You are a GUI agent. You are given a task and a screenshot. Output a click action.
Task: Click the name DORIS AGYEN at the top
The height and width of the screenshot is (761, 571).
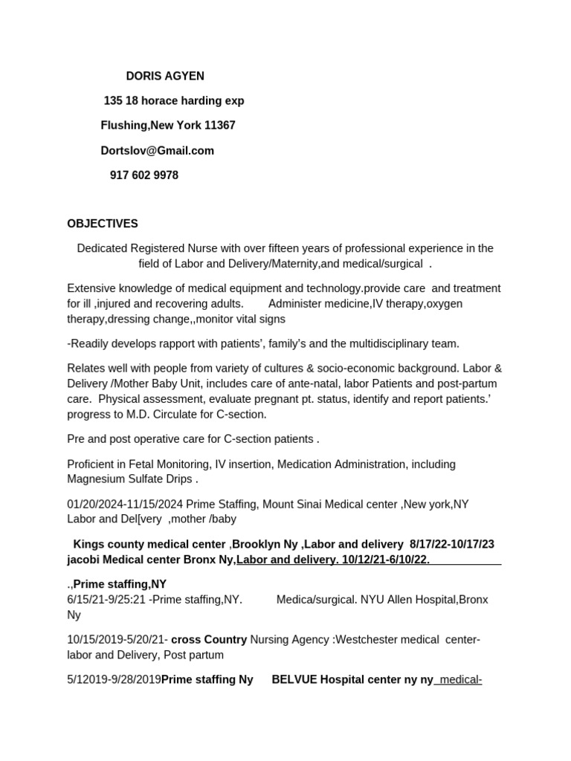click(x=165, y=76)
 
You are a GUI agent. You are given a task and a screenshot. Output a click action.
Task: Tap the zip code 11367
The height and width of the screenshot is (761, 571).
click(x=220, y=126)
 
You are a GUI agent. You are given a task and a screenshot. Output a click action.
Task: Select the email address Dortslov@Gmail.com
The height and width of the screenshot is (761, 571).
click(x=157, y=151)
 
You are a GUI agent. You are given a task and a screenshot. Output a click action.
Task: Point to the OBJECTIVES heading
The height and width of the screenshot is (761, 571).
click(x=103, y=224)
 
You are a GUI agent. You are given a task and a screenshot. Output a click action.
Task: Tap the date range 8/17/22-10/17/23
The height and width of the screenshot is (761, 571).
click(x=452, y=545)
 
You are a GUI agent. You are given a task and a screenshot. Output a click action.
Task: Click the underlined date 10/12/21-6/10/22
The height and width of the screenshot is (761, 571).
click(x=386, y=559)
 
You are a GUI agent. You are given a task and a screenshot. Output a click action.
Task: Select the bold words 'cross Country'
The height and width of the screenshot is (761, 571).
click(x=209, y=639)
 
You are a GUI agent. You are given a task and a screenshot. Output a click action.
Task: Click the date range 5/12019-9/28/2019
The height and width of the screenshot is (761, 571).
click(x=114, y=679)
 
